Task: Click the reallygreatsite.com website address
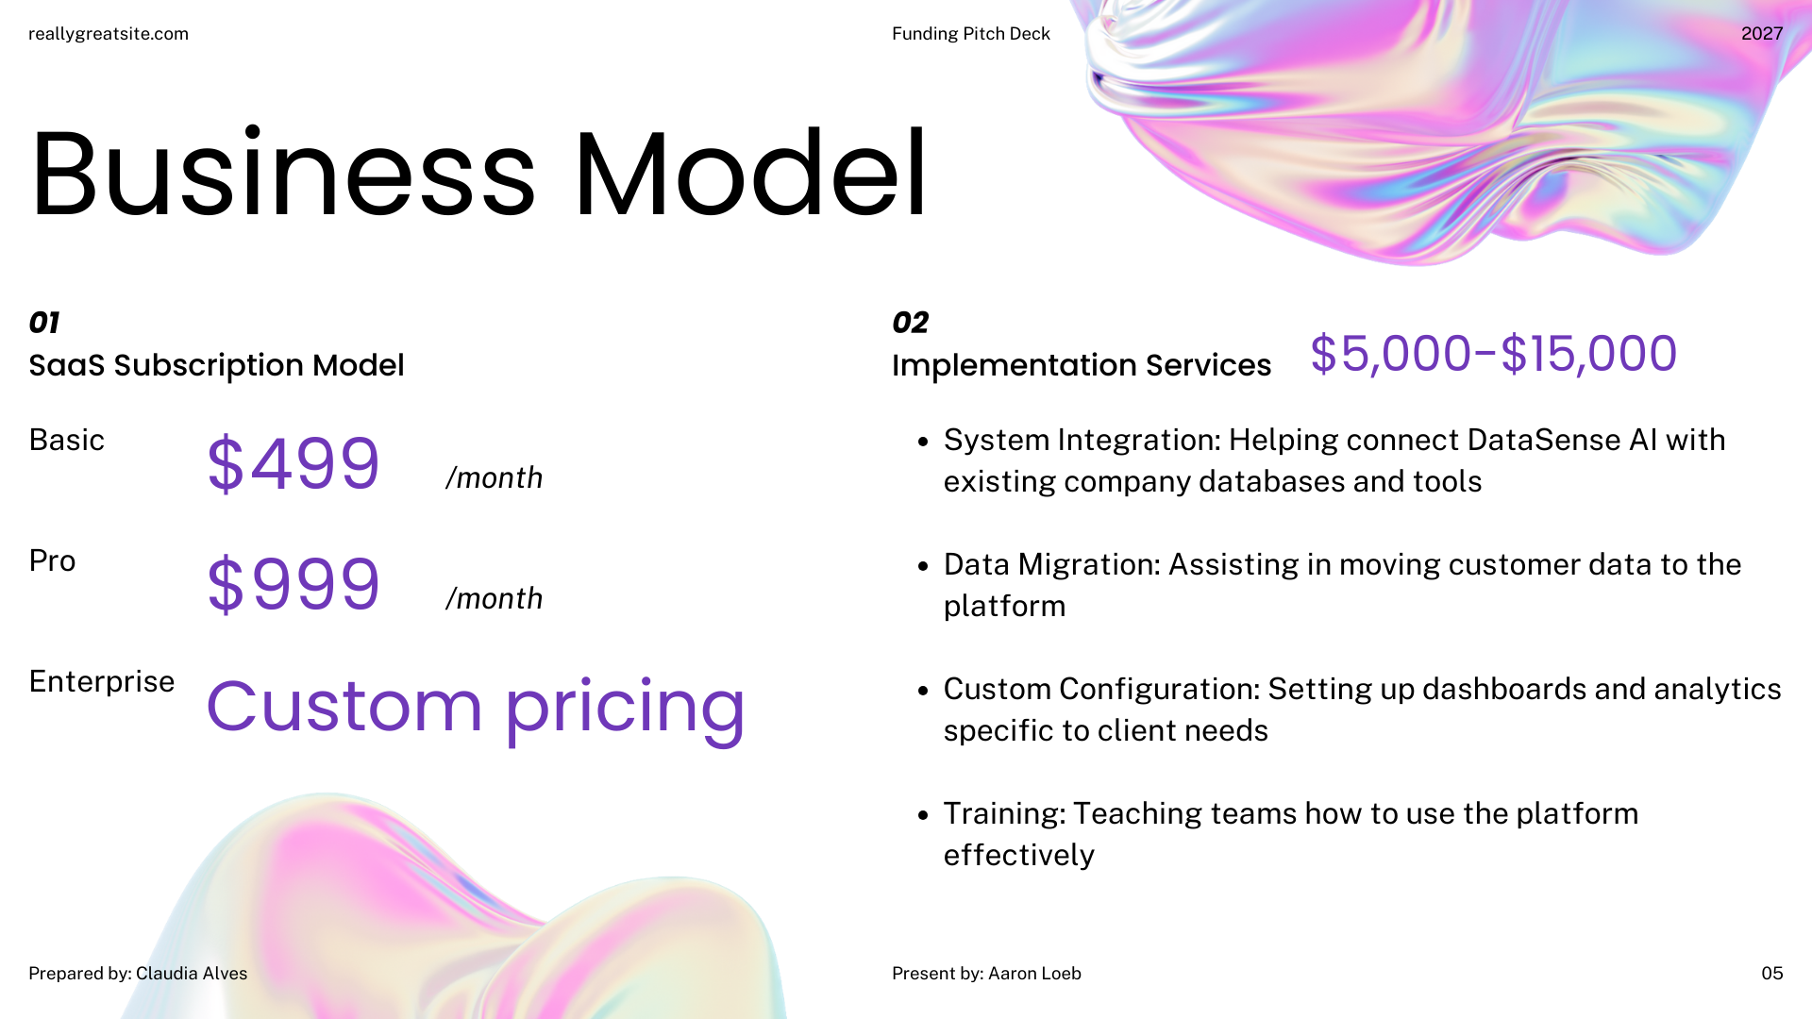point(109,34)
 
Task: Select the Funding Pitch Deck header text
point(971,34)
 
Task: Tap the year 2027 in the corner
point(1762,34)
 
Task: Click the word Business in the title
point(283,174)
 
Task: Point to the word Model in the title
point(751,174)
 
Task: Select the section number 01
point(44,323)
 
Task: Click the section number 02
point(911,323)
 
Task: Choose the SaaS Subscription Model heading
point(216,365)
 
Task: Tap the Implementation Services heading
point(1082,365)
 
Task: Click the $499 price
point(294,463)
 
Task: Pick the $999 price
point(294,584)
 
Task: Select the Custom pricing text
point(476,708)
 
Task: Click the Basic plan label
point(66,440)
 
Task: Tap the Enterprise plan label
point(102,681)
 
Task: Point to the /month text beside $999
point(495,598)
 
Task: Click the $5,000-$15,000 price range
point(1494,354)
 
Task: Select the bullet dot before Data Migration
point(924,566)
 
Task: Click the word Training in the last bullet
point(1004,813)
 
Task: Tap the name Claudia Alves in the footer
point(192,974)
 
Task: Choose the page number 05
point(1772,974)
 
